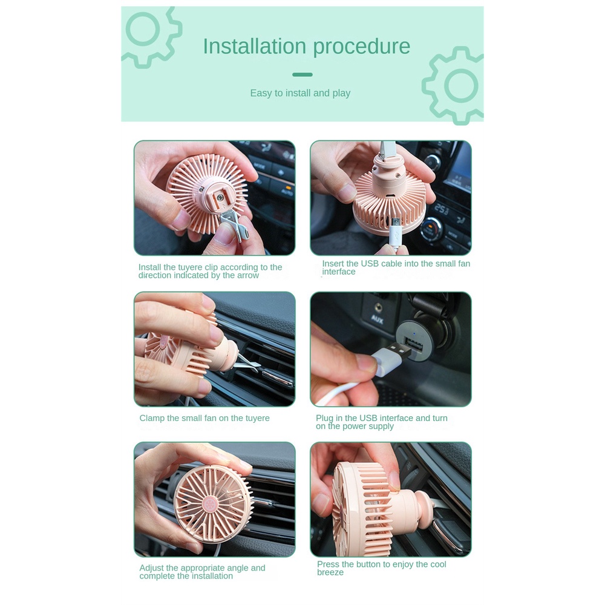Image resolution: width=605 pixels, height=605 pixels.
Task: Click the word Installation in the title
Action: [x=255, y=46]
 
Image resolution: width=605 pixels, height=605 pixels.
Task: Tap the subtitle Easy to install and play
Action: [x=300, y=93]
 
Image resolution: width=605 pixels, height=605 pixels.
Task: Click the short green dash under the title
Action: [x=302, y=74]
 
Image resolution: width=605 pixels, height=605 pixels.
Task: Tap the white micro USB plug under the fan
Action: [x=394, y=232]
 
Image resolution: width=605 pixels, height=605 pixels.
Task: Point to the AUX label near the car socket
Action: [x=377, y=319]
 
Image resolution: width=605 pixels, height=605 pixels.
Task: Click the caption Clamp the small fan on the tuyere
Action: [x=204, y=418]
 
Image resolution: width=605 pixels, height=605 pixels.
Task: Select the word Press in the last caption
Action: [x=327, y=564]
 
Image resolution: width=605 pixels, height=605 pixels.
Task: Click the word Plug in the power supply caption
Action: [x=324, y=419]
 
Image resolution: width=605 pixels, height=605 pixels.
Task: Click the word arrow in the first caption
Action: [x=247, y=275]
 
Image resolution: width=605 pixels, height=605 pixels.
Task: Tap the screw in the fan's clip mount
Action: [x=220, y=197]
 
